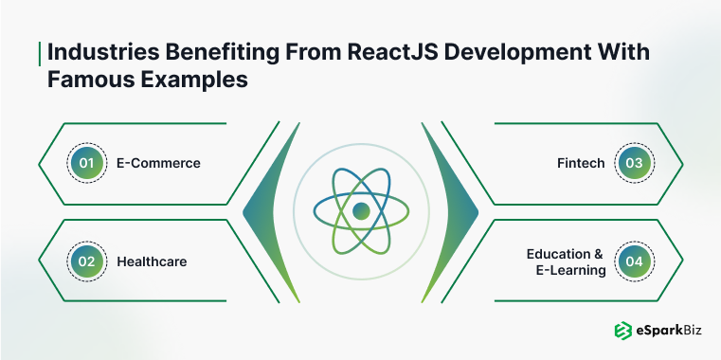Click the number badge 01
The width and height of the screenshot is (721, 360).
click(x=86, y=163)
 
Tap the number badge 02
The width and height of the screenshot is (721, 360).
click(x=86, y=260)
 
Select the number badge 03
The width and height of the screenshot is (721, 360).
click(x=634, y=163)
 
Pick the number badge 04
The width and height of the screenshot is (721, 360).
click(x=634, y=260)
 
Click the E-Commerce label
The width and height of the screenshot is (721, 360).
click(x=158, y=163)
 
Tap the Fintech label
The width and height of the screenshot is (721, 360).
click(x=581, y=163)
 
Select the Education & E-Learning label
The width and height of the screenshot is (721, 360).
click(x=566, y=261)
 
